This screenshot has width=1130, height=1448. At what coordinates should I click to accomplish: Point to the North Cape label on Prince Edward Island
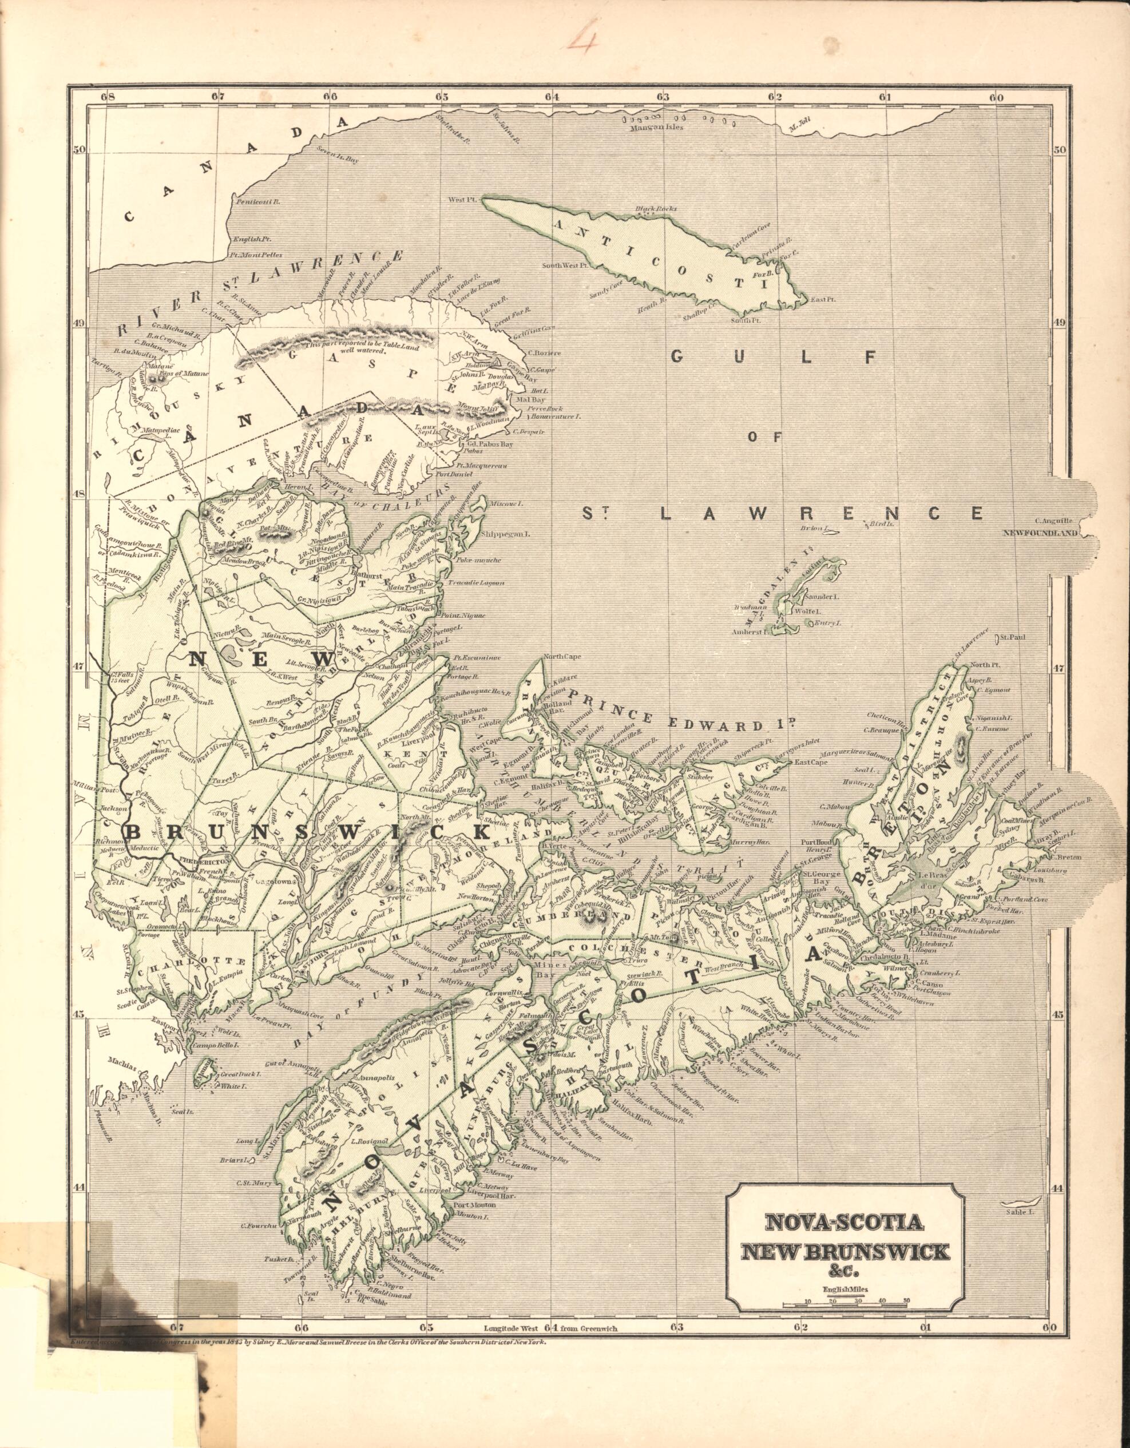pyautogui.click(x=561, y=658)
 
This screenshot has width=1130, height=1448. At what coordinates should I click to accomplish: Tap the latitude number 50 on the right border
pyautogui.click(x=1058, y=150)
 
